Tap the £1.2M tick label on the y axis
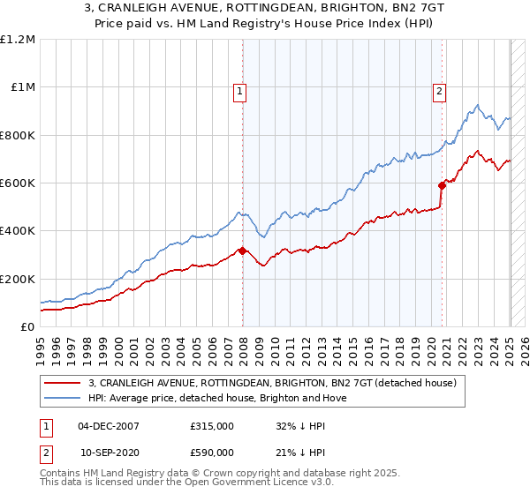click(18, 40)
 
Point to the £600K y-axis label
click(18, 183)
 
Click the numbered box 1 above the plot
click(241, 89)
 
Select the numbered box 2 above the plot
click(439, 89)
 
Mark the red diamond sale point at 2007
click(242, 251)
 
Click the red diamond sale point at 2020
click(442, 185)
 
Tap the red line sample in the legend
click(63, 383)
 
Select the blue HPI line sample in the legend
click(63, 398)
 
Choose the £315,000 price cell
click(212, 425)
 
